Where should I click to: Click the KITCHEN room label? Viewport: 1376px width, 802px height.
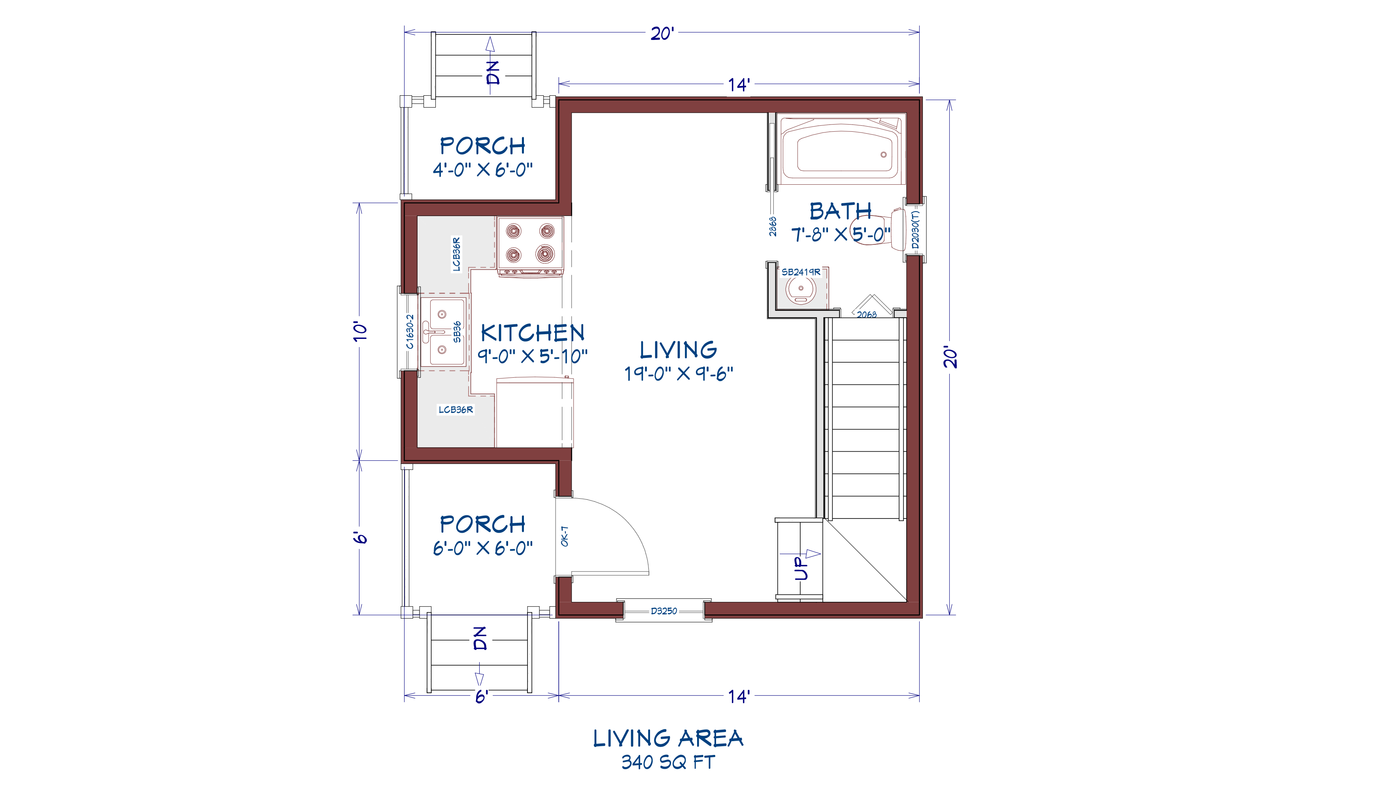click(x=532, y=333)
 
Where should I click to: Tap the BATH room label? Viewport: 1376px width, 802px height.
click(x=840, y=211)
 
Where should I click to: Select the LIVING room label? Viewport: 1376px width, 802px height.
click(x=678, y=350)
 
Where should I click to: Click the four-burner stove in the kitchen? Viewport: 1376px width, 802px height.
click(x=530, y=246)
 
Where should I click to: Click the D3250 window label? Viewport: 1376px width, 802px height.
click(x=664, y=611)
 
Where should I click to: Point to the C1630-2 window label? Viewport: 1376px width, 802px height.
click(x=410, y=331)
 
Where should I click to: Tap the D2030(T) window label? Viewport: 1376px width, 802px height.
click(x=915, y=230)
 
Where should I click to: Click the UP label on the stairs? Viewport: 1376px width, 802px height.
click(x=800, y=568)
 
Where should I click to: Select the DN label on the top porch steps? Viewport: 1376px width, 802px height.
click(x=493, y=73)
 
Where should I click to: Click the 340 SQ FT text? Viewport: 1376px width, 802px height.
click(x=668, y=762)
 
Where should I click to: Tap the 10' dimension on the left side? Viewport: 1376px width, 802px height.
click(x=359, y=331)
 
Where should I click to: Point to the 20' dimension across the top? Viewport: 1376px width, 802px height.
click(x=662, y=34)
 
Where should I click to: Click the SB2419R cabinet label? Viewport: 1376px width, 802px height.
click(x=800, y=272)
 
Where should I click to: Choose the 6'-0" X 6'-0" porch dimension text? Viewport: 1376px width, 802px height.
click(x=483, y=548)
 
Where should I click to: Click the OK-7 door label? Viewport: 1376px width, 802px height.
click(x=565, y=536)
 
